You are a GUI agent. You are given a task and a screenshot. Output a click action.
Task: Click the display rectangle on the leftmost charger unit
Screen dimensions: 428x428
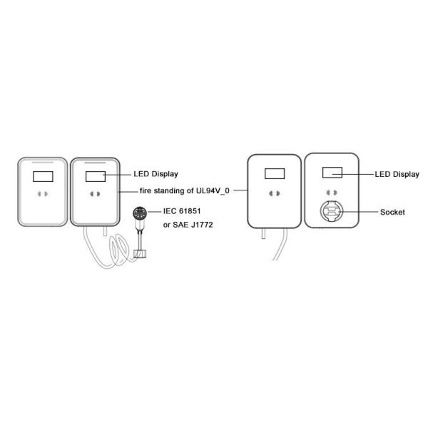click(43, 175)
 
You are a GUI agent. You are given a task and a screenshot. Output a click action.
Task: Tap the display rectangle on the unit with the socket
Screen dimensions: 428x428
click(332, 173)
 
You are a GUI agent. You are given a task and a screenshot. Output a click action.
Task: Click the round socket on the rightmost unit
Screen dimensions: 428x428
click(332, 212)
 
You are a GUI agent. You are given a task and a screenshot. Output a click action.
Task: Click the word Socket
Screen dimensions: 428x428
click(393, 213)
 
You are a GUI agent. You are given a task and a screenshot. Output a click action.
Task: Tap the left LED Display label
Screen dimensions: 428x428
click(156, 174)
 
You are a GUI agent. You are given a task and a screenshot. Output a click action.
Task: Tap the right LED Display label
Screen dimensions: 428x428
click(397, 173)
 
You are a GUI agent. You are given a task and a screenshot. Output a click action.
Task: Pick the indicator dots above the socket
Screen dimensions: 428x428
click(331, 193)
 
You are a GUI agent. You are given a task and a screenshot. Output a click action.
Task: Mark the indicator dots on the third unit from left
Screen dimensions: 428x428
click(273, 193)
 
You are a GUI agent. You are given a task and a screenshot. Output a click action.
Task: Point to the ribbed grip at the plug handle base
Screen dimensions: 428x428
click(141, 251)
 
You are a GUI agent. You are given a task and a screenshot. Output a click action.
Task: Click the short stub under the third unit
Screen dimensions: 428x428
click(263, 233)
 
